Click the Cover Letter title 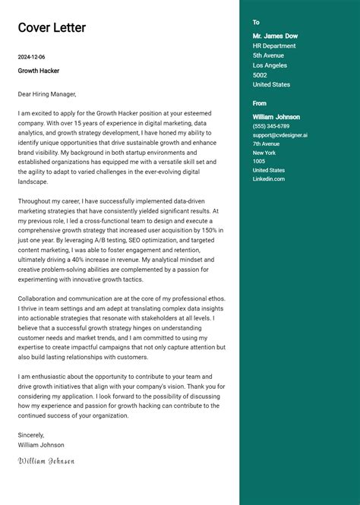(x=52, y=28)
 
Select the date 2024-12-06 (x=32, y=57)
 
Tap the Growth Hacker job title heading (x=39, y=71)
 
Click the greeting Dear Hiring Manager (x=47, y=94)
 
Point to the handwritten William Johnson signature (x=46, y=460)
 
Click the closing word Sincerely (x=31, y=435)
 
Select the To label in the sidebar (x=256, y=23)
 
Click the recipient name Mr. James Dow (x=275, y=36)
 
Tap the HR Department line (x=274, y=46)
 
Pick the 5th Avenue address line (x=268, y=55)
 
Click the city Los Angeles (x=270, y=65)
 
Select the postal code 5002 (x=260, y=75)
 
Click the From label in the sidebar (x=260, y=103)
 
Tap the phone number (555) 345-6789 (x=271, y=126)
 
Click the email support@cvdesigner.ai (x=280, y=135)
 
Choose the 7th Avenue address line (x=266, y=144)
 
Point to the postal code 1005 (x=259, y=161)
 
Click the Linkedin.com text (x=269, y=178)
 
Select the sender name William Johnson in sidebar (x=276, y=117)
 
